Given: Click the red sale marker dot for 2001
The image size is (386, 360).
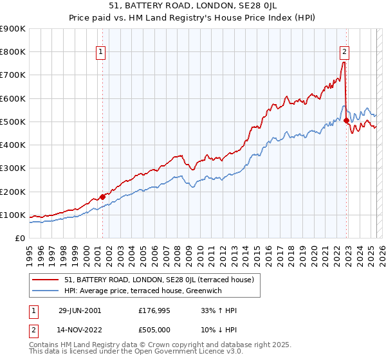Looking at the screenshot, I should [103, 197].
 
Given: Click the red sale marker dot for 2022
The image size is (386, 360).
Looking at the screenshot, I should [346, 120].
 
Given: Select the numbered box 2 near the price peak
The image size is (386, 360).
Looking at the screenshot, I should [345, 53].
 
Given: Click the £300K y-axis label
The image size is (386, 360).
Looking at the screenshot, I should [13, 168].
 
